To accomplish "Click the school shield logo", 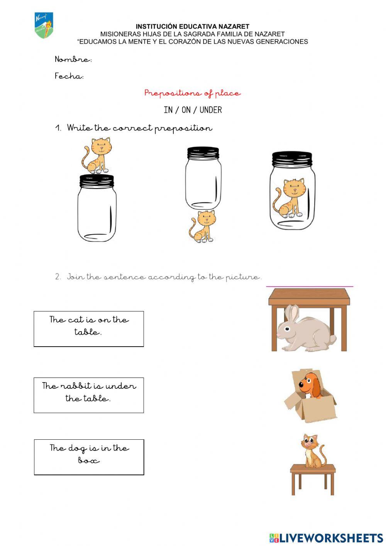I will (44, 26).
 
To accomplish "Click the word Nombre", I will (73, 60).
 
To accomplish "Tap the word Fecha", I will (69, 76).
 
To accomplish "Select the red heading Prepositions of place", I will (192, 93).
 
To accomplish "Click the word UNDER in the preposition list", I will (211, 110).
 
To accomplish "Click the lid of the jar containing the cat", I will (292, 158).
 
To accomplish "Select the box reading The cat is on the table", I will (89, 329).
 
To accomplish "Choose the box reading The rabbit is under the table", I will (89, 395).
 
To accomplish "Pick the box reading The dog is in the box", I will (89, 457).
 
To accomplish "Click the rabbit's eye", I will (289, 329).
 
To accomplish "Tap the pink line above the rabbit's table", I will (310, 286).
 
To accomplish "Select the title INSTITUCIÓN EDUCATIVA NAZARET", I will (192, 27).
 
